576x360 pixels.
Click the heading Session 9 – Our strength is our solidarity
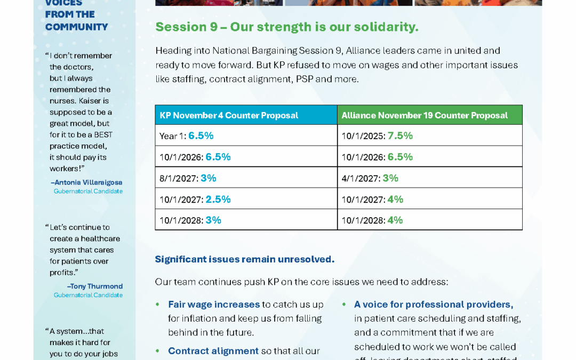(x=286, y=27)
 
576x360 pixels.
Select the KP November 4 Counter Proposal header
(x=229, y=115)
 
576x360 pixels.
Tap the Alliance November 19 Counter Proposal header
(x=424, y=115)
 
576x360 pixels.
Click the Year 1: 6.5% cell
(x=187, y=136)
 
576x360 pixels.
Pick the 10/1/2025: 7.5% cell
(x=377, y=136)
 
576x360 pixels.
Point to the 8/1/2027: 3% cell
(x=188, y=178)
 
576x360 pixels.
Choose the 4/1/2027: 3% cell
(x=370, y=178)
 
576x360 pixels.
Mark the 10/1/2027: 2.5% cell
(x=195, y=199)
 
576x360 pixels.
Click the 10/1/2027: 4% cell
(x=372, y=199)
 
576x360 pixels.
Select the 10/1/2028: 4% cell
(x=372, y=220)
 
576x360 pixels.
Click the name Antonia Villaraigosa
(x=86, y=182)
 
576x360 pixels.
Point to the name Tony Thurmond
(x=94, y=286)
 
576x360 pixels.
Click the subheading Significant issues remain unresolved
(x=244, y=259)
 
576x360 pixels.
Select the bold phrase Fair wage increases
(x=213, y=305)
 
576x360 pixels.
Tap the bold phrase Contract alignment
(x=213, y=351)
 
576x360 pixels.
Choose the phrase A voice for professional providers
(x=433, y=305)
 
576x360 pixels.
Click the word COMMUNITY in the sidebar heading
(x=76, y=27)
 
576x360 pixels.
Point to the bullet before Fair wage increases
(x=157, y=305)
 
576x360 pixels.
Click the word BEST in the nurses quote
(x=103, y=134)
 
